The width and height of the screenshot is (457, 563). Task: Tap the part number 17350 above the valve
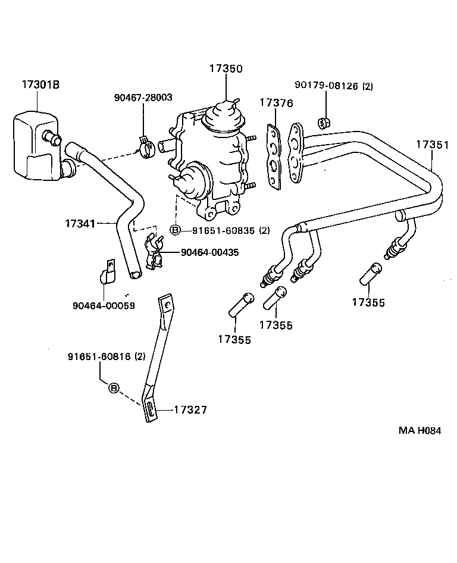[x=226, y=68]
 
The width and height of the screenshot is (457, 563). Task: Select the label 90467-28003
[x=143, y=97]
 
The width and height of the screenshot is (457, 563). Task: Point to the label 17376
[x=276, y=103]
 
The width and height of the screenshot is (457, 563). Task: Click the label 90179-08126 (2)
[x=334, y=86]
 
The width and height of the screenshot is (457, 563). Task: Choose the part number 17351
[x=433, y=145]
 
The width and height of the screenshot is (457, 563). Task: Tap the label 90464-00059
[x=104, y=305]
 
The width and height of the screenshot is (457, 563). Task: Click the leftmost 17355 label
[x=234, y=339]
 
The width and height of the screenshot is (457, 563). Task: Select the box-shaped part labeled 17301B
[x=36, y=146]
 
